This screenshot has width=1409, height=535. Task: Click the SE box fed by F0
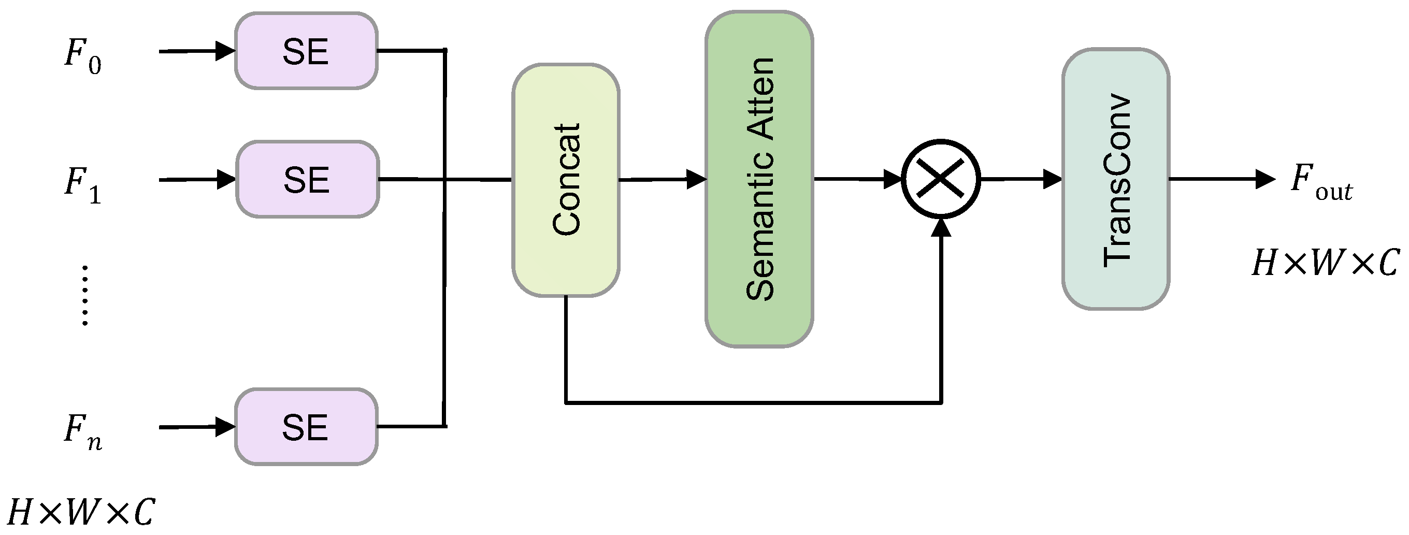tap(306, 51)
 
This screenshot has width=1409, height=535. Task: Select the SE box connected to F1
tap(307, 179)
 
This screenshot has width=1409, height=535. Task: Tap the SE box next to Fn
tap(306, 427)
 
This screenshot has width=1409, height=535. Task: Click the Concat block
tap(566, 180)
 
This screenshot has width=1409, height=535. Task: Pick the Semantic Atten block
tap(759, 179)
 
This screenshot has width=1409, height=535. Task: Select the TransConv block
tap(1116, 179)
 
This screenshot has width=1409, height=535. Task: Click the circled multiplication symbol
tap(940, 179)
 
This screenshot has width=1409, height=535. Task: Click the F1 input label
tap(82, 184)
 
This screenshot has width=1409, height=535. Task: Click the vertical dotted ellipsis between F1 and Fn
tap(85, 296)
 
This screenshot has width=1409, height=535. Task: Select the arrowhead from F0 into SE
tap(225, 51)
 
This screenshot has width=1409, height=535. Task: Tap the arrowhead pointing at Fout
tap(1264, 179)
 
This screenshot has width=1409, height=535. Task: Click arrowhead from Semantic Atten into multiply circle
tap(893, 179)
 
